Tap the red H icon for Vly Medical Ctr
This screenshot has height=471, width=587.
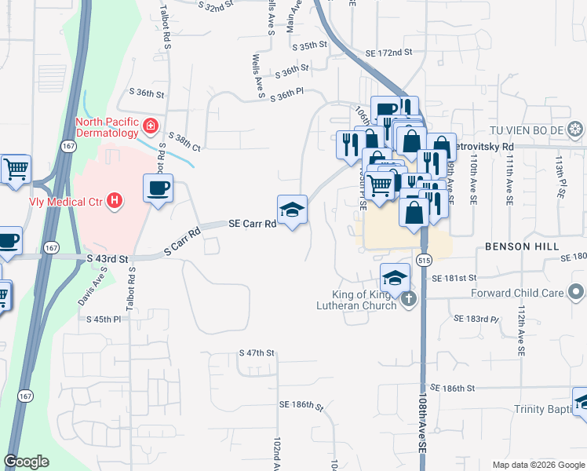click(115, 200)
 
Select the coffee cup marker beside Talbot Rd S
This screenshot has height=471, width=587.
click(158, 189)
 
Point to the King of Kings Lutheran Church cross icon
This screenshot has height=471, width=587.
click(407, 299)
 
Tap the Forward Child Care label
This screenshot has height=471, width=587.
click(517, 294)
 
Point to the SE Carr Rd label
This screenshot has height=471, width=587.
click(252, 224)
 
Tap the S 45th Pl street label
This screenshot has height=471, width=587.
click(105, 319)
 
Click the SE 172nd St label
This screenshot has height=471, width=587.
click(388, 53)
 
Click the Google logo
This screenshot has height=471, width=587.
click(26, 462)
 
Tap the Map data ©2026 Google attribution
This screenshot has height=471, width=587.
click(538, 465)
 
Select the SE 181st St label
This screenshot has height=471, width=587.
click(454, 278)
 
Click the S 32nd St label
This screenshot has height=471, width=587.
click(217, 6)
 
